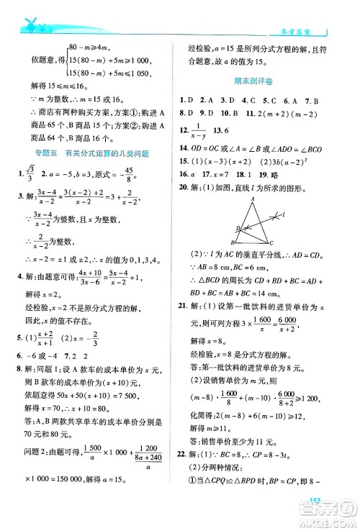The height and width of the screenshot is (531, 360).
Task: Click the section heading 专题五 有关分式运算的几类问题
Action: [x=85, y=152]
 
